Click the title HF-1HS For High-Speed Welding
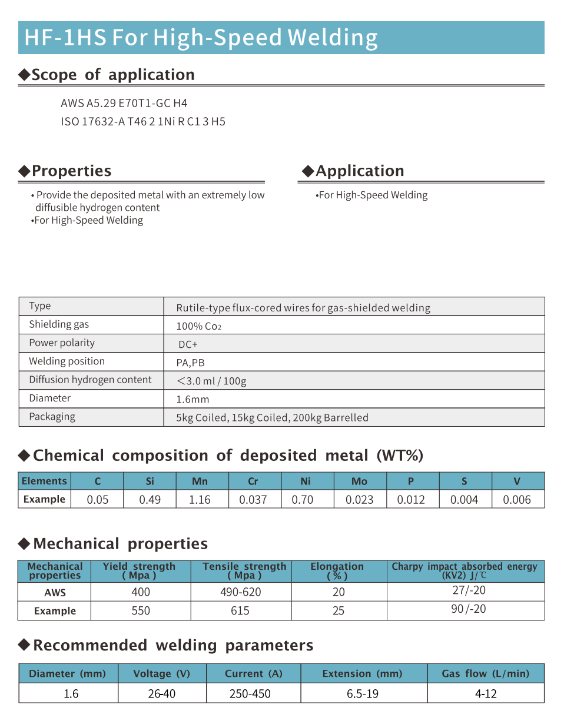point(201,38)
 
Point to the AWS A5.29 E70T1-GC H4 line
point(124,104)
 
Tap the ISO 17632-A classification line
point(143,122)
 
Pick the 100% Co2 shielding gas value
point(198,326)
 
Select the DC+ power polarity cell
point(188,344)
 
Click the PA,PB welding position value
point(190,363)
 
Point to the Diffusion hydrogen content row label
point(90,380)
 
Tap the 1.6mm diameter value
point(193,399)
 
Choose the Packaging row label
point(52,417)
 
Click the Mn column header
point(200,481)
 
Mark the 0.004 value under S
point(464,500)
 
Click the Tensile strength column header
point(244,571)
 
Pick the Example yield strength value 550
point(141,611)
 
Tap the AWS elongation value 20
point(339,592)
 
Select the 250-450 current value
point(250,694)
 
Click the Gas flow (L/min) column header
point(486,673)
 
